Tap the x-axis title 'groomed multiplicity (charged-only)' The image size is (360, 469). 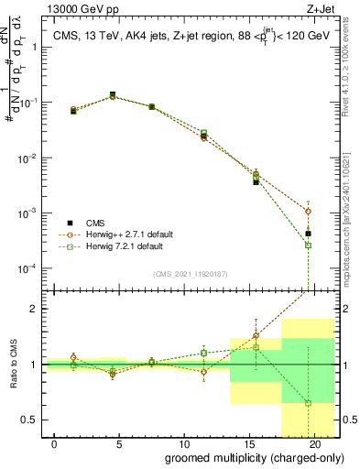[x=242, y=457]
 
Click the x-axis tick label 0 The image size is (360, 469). [x=55, y=443]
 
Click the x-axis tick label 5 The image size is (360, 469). [x=120, y=443]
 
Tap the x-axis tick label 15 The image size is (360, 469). [x=250, y=443]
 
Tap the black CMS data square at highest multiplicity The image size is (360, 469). [x=309, y=234]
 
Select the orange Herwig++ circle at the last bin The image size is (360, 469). [x=309, y=211]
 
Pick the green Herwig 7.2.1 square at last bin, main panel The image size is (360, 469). [x=309, y=245]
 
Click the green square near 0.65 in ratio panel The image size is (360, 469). [x=309, y=403]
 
